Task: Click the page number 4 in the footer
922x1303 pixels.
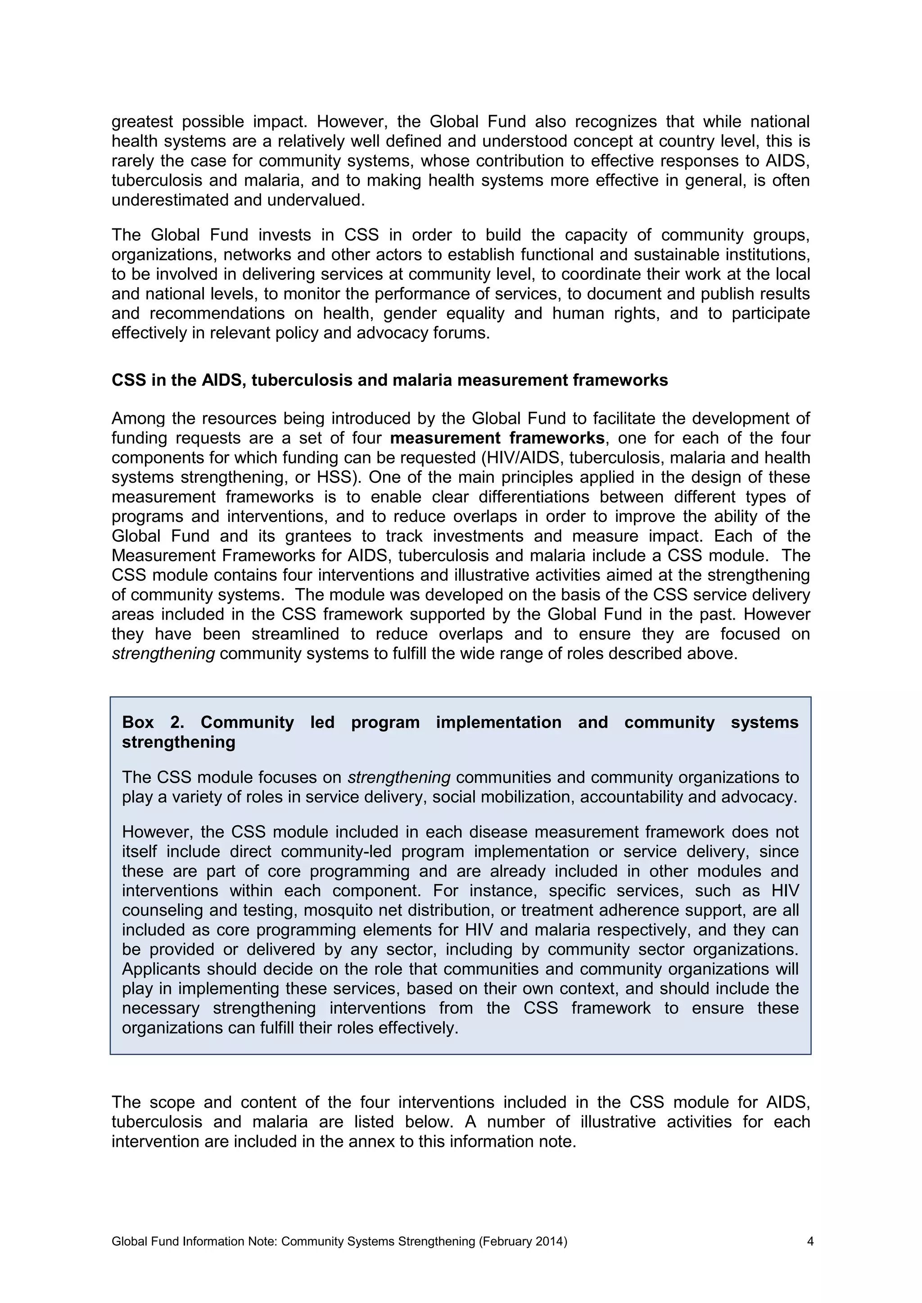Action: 810,1241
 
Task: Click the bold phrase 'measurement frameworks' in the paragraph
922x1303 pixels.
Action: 497,438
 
